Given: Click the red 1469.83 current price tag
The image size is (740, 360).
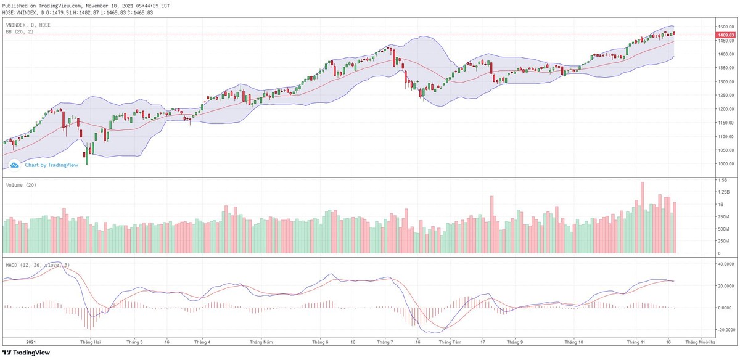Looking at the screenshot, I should point(726,35).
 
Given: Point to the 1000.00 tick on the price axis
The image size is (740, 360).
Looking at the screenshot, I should point(725,164).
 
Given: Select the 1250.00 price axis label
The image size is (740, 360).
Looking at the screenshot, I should point(725,96).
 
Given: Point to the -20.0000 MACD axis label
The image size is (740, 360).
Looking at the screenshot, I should point(725,330).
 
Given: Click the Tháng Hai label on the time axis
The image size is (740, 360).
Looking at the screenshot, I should point(91,342).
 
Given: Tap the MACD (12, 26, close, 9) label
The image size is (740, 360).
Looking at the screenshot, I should point(37,265).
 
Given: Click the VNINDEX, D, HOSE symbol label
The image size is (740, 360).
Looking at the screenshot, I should point(28,25).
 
